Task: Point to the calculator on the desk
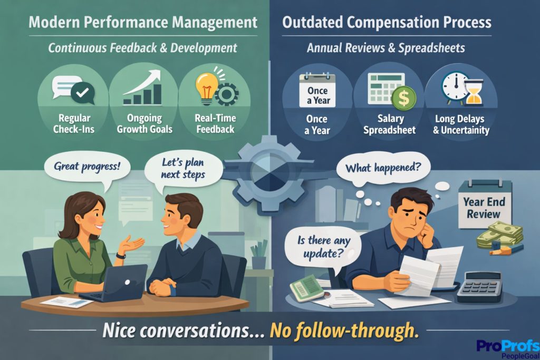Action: tap(479, 287)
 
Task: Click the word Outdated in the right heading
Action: tap(315, 23)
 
